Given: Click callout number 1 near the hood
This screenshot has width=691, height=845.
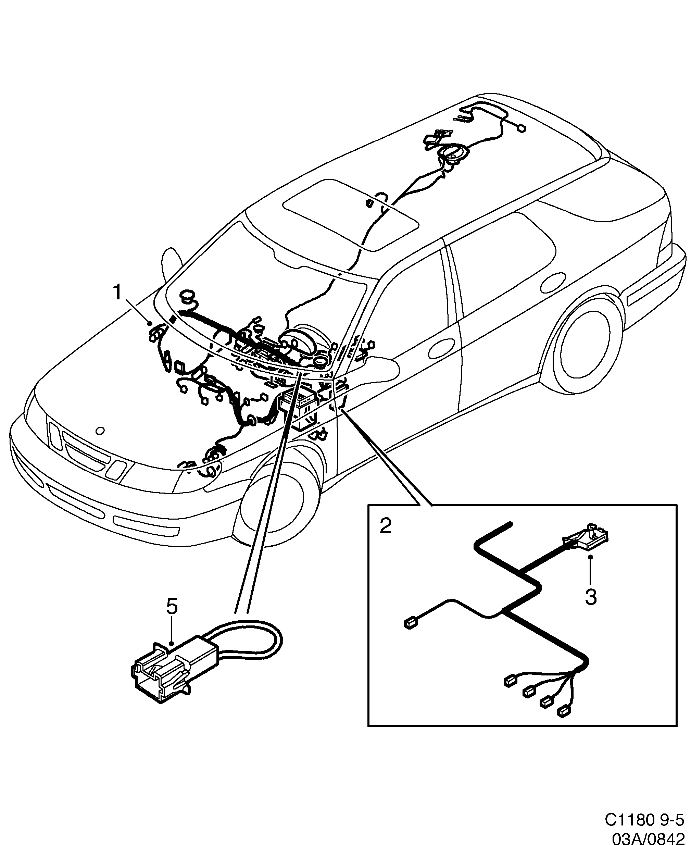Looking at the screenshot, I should [x=117, y=293].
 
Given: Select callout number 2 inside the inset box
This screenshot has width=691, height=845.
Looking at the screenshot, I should [x=385, y=526].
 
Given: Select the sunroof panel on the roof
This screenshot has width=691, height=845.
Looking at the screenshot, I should [x=350, y=214].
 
